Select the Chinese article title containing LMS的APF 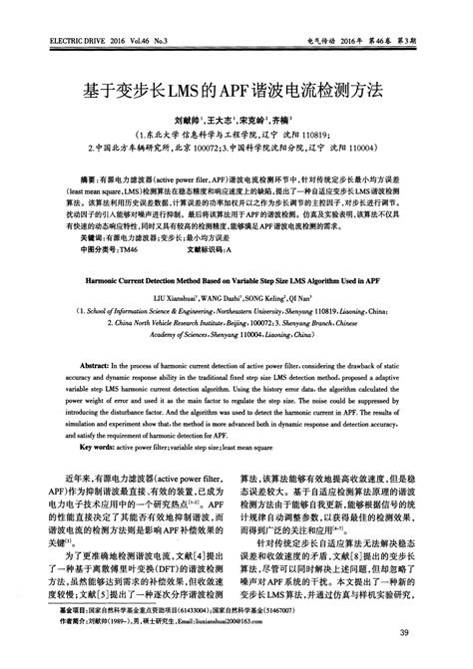(x=236, y=89)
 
